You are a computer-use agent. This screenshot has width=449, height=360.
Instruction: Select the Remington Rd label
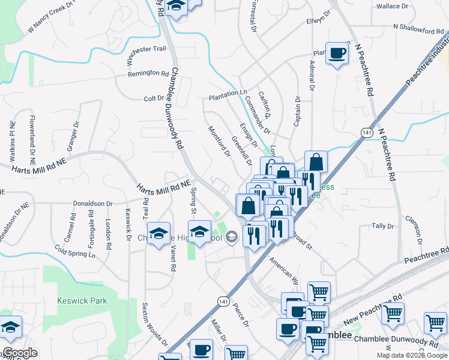point(148,74)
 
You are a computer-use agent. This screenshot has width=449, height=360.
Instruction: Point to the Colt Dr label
point(154,98)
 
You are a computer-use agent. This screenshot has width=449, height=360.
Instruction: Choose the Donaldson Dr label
point(93,204)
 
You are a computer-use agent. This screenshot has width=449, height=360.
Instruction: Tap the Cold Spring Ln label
point(74,250)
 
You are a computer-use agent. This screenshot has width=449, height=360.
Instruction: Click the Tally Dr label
point(382,226)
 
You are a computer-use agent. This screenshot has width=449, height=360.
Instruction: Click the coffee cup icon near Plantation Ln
point(337,53)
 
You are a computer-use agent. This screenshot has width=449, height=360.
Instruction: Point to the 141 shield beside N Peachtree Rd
point(366,132)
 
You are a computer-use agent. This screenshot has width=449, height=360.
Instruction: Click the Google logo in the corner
point(20,353)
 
